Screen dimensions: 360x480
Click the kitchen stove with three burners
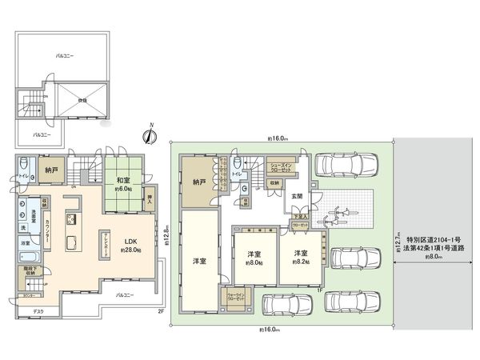click(x=70, y=218)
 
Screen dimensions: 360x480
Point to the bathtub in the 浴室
click(x=26, y=256)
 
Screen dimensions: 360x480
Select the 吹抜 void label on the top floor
click(x=83, y=100)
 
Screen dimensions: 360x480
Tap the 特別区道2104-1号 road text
click(x=436, y=238)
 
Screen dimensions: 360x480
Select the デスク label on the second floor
click(x=38, y=310)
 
